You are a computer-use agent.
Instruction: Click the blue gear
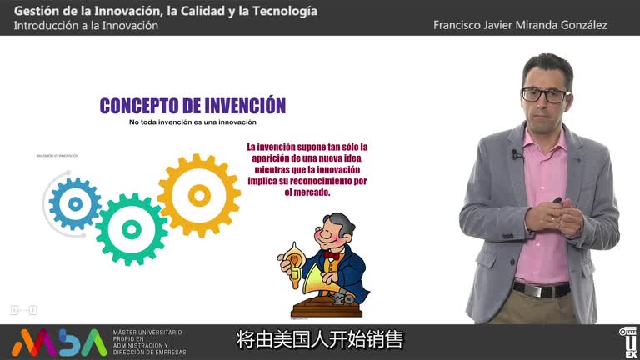pos(75,202)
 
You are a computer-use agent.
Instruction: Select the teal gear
pos(131,228)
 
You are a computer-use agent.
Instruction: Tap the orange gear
pos(199,195)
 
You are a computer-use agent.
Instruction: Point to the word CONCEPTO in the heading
pos(138,106)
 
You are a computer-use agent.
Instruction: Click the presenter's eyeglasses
pos(545,94)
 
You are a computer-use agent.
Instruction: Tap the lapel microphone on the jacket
pos(517,154)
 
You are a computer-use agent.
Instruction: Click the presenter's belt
pos(542,289)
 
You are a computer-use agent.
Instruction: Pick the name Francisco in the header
pos(458,25)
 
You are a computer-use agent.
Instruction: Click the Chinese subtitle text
pos(320,340)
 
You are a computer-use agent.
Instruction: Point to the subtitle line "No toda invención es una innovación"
pos(192,122)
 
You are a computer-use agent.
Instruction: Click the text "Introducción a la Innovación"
pos(86,26)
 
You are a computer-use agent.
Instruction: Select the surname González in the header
pos(582,25)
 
